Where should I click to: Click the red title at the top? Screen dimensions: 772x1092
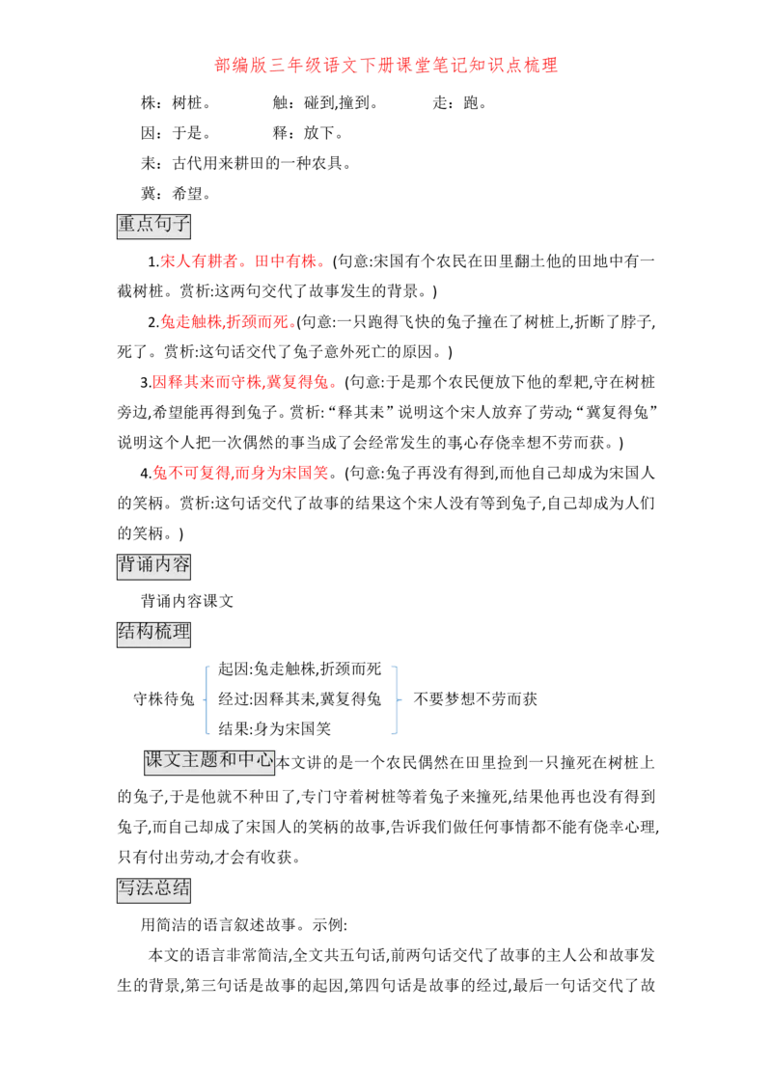386,66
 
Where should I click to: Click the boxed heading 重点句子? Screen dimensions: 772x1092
153,225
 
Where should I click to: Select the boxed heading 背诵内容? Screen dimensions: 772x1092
153,564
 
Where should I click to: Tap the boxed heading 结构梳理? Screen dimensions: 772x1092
153,633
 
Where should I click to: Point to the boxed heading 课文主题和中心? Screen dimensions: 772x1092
209,761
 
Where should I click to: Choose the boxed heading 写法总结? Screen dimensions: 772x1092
153,889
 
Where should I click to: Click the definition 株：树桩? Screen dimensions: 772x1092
176,103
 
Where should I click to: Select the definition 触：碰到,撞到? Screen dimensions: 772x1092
325,103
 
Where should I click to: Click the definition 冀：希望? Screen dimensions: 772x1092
176,194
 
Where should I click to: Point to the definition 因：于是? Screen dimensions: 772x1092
176,133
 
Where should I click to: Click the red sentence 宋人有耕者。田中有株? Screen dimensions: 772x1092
243,261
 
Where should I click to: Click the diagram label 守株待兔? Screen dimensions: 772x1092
164,698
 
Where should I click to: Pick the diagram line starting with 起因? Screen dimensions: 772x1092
299,669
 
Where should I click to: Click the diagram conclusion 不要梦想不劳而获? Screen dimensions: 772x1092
475,698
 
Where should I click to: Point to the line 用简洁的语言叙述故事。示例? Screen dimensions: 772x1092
244,925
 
